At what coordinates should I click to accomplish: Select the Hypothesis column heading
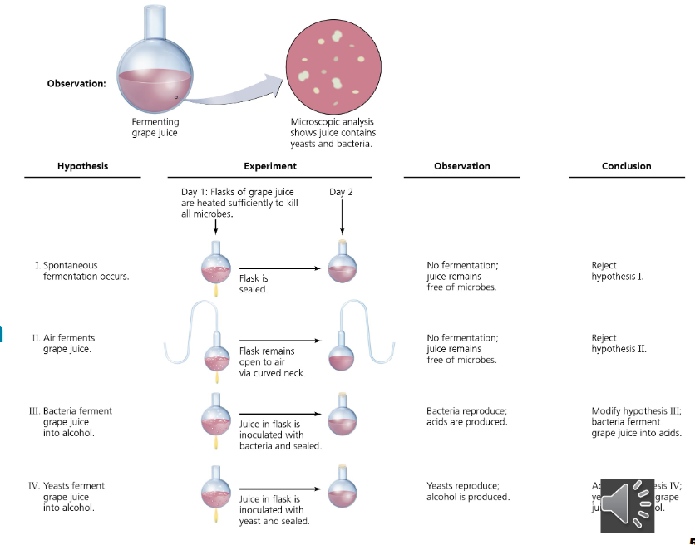[82, 166]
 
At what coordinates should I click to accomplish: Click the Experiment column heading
[270, 166]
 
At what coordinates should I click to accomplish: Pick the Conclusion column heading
[627, 166]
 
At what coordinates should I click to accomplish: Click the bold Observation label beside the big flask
[76, 83]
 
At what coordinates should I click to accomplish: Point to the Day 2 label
[342, 192]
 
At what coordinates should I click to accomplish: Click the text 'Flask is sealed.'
[254, 284]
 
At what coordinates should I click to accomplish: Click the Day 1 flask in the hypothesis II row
[215, 358]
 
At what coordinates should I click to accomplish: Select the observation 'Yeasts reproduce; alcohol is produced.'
[467, 491]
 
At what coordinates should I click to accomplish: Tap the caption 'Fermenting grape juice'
[155, 128]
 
